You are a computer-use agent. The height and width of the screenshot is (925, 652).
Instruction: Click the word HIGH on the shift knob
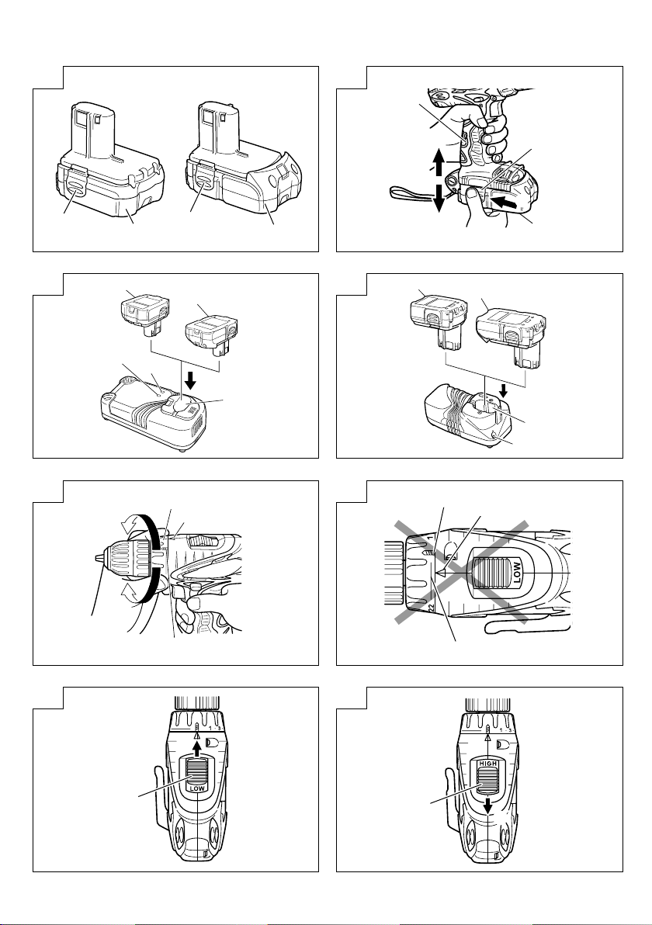click(488, 764)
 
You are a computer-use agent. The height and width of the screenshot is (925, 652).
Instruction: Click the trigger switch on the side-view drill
click(186, 595)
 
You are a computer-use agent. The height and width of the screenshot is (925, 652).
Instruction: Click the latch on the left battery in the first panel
click(75, 190)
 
